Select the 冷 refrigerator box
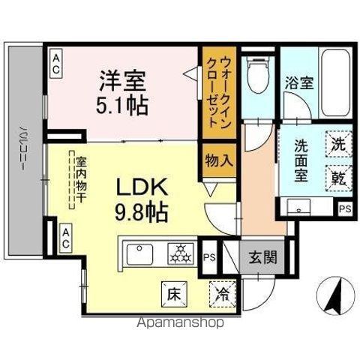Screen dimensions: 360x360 [223, 292]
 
